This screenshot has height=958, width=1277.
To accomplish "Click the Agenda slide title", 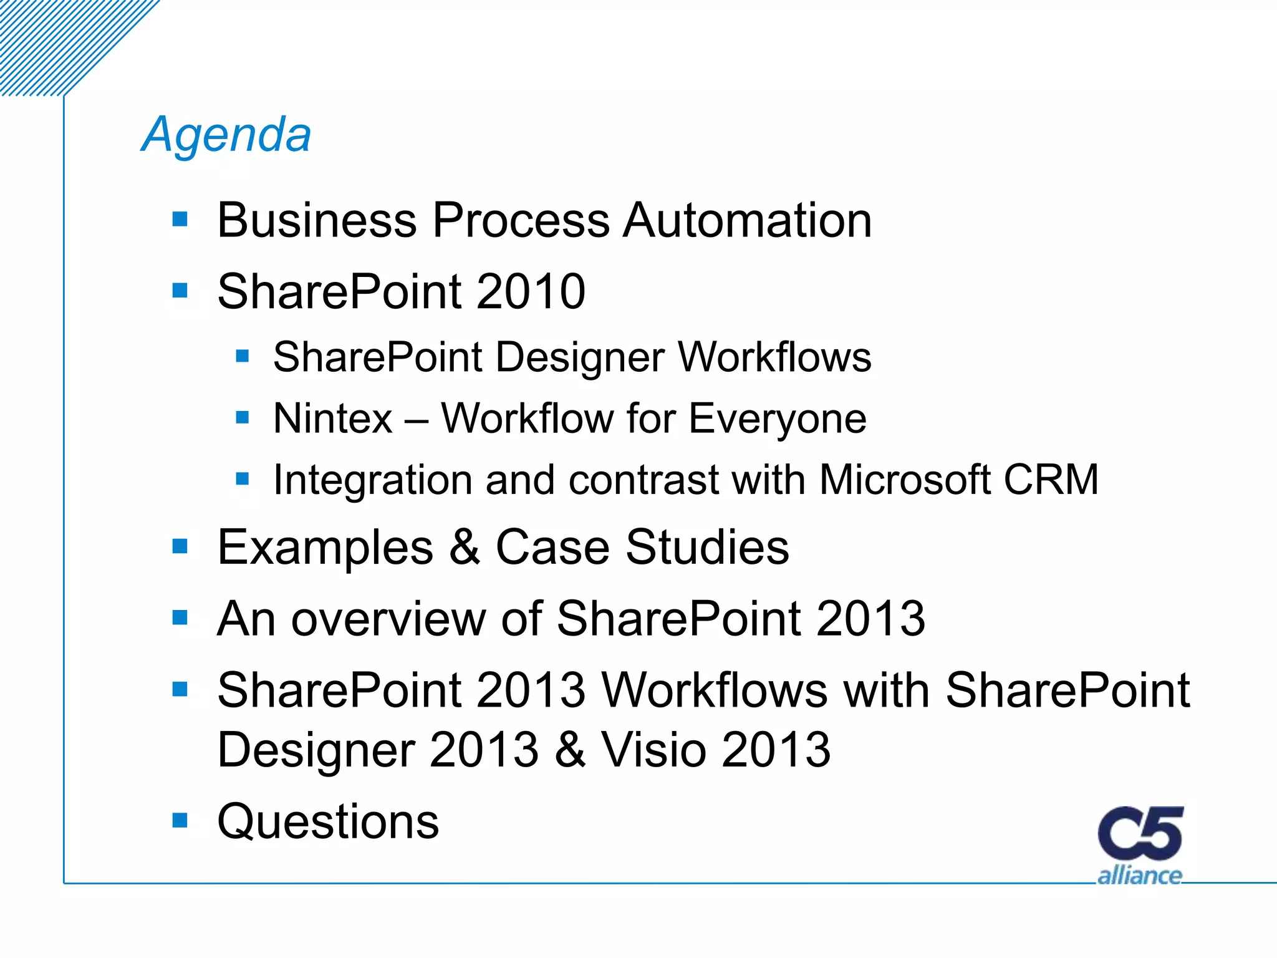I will pos(226,135).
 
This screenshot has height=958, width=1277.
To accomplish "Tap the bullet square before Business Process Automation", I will pos(180,219).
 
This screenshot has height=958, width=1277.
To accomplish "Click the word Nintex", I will pos(332,419).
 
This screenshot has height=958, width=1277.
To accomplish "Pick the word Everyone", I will pos(778,419).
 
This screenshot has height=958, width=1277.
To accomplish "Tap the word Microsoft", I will pos(905,480).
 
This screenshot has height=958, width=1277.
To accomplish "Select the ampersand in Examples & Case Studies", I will pos(465,547).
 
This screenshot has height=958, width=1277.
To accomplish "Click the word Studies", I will pos(707,547).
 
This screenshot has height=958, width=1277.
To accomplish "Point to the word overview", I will pos(388,619).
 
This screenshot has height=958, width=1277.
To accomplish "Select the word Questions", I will pos(328,822).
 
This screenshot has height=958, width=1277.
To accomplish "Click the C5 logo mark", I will pos(1140,834).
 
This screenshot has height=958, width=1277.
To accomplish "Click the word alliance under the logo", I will pos(1139,876).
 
